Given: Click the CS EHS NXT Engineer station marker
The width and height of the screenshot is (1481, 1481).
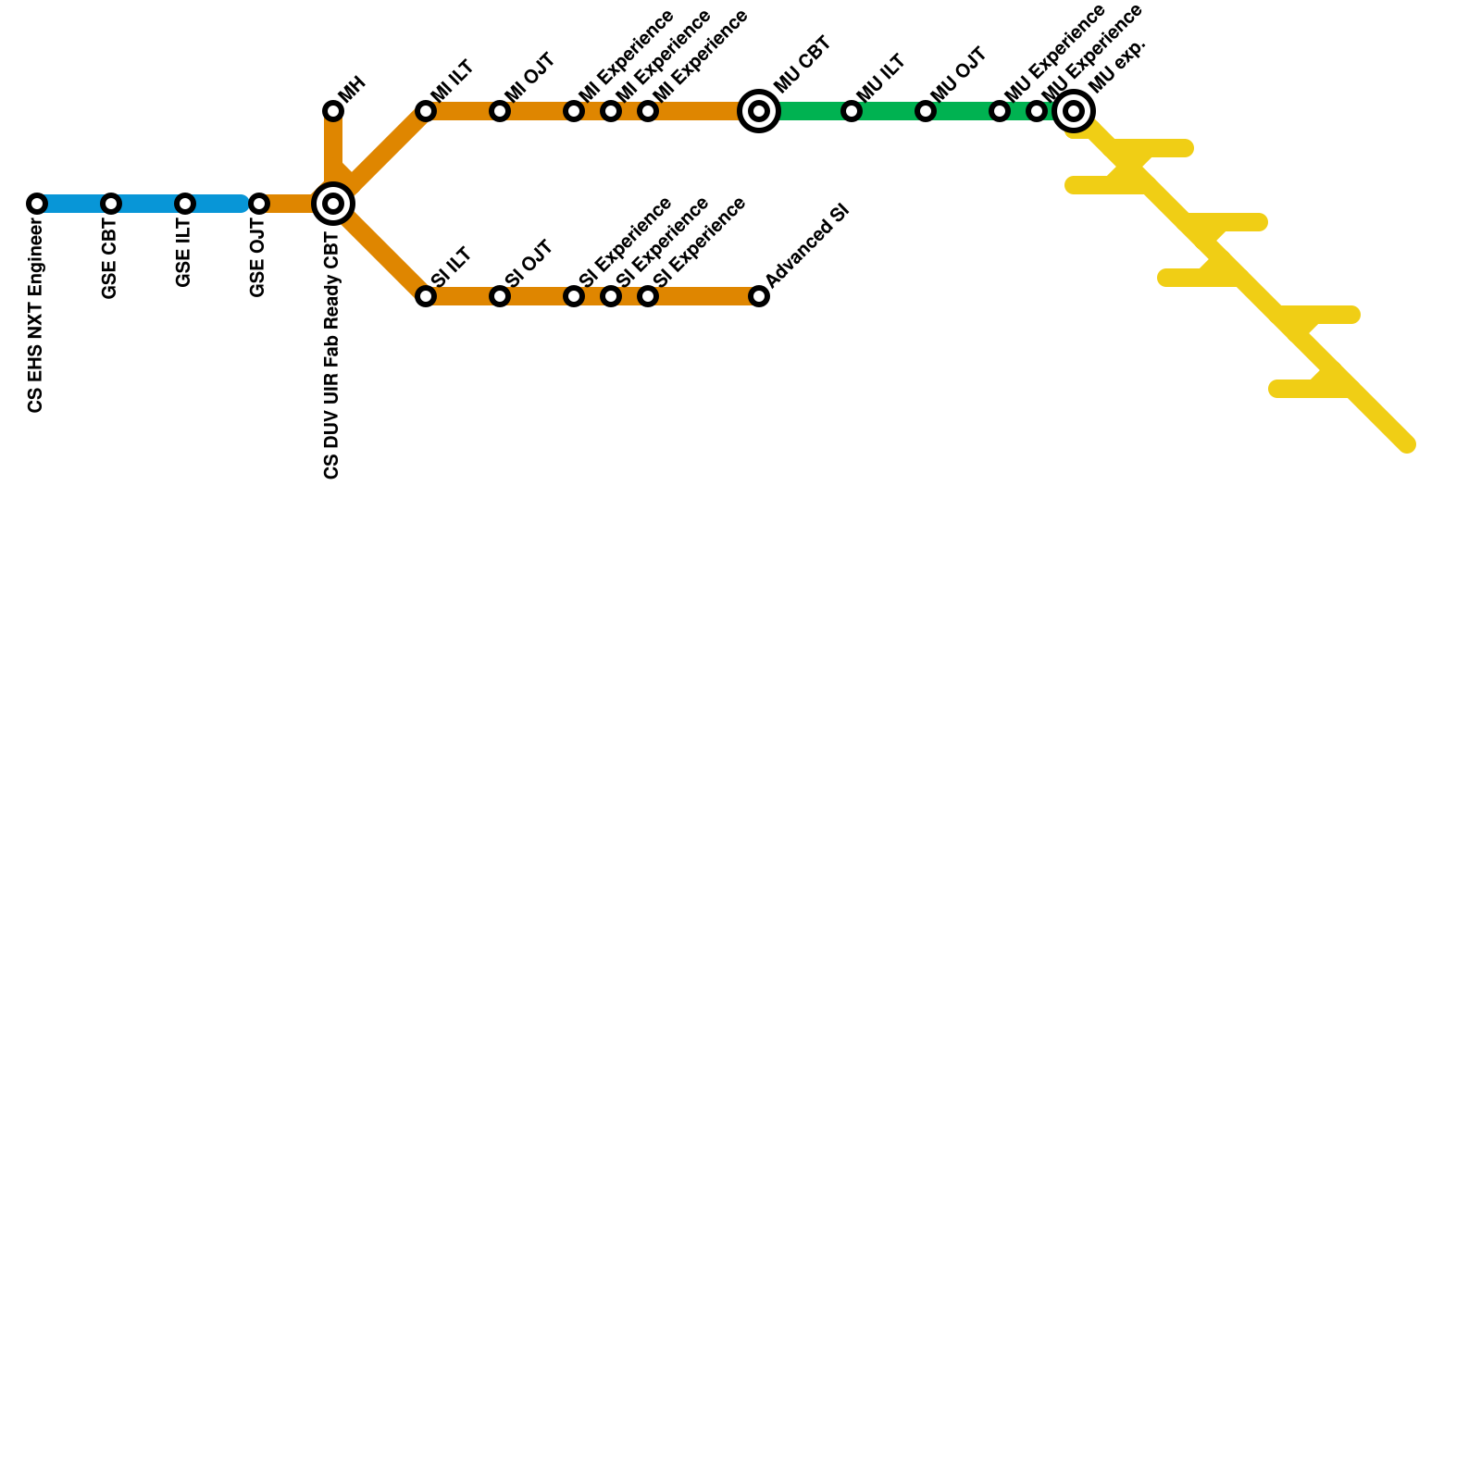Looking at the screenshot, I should point(37,204).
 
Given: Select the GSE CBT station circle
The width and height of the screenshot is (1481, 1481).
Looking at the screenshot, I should point(111,204).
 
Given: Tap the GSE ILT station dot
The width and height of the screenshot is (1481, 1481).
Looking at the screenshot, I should point(185,204).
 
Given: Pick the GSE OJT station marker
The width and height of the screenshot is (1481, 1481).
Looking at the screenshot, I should point(259,204).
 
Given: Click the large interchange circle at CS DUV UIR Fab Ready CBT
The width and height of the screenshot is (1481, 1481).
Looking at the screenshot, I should point(333,204).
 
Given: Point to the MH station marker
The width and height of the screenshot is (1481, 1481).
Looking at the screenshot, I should point(333,111).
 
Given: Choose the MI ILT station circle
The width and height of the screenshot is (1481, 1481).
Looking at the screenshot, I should point(426,111).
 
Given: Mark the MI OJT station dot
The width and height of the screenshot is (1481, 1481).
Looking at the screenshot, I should point(500,111).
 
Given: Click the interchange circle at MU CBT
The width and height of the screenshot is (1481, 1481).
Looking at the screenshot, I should point(759,111).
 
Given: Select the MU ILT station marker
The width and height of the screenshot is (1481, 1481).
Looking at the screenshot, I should point(852,111).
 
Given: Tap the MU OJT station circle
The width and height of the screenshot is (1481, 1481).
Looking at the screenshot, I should point(926,111).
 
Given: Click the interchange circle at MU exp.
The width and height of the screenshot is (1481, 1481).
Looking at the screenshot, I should point(1074,111).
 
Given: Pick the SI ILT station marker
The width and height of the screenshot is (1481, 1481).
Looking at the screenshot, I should point(426,296).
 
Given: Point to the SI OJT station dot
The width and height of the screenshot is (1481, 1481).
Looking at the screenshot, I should point(500,296).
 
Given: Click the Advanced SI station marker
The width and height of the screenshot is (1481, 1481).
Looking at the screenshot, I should point(759,296).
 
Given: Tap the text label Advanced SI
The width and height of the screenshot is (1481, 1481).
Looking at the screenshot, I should point(807,245).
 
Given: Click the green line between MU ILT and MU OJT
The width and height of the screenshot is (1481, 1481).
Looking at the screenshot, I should point(889,111).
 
